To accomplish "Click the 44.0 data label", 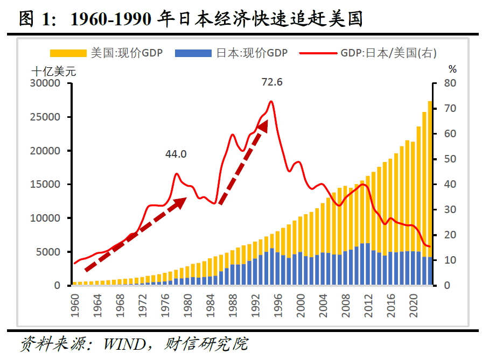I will [x=176, y=154].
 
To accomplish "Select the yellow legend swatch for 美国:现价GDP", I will [x=68, y=53].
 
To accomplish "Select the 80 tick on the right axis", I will [x=450, y=83].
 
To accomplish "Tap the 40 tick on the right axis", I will [x=450, y=185].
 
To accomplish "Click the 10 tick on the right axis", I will [x=450, y=260].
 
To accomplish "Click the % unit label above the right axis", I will [x=452, y=69].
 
